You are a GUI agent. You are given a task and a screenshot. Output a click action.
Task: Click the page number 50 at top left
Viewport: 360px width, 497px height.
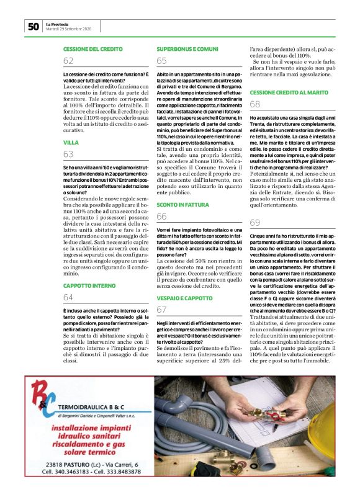tap(33, 26)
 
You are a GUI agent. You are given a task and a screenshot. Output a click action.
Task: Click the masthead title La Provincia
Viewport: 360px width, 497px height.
tap(60, 24)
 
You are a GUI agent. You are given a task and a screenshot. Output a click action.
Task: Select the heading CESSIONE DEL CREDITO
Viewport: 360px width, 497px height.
tap(91, 48)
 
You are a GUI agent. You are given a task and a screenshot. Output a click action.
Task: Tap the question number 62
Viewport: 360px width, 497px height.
tap(68, 61)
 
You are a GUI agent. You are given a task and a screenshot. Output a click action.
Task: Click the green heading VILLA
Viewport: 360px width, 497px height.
tap(71, 143)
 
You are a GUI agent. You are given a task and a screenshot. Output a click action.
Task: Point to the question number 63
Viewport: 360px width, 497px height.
tap(68, 154)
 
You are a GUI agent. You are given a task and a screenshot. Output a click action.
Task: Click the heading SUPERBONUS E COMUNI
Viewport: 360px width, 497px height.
tap(187, 48)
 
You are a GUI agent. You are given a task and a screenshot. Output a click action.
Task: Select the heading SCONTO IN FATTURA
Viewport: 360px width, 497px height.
tap(182, 204)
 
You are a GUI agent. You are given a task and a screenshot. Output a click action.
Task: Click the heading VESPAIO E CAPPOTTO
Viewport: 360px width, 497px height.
tap(184, 298)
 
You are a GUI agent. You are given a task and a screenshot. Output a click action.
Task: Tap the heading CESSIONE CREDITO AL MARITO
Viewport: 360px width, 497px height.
tap(289, 92)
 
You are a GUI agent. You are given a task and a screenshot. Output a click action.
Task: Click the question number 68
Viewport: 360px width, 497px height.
tap(254, 104)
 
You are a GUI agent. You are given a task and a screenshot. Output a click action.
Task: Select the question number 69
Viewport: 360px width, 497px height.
tap(254, 223)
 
